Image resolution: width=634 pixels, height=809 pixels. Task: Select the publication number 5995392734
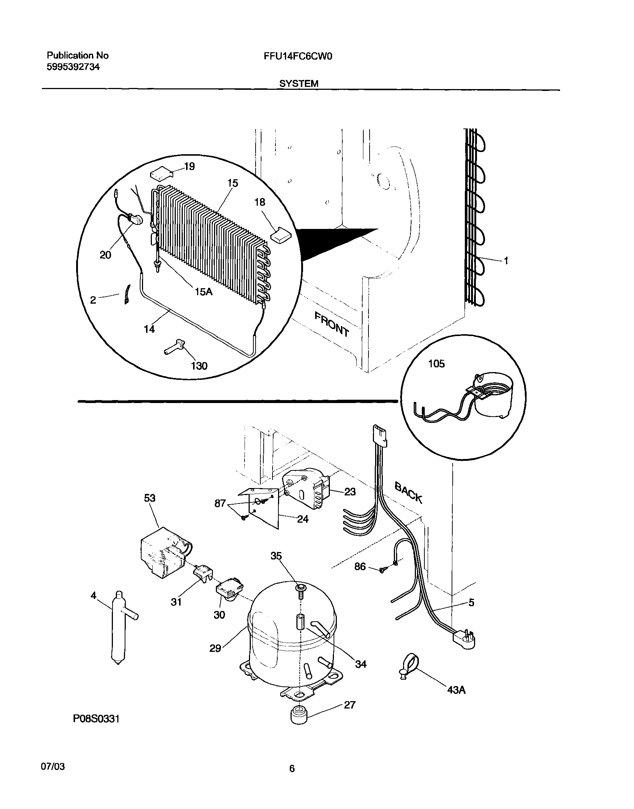[x=73, y=67]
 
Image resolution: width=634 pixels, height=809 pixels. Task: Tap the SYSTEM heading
[x=299, y=84]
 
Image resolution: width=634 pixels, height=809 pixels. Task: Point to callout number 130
[x=199, y=366]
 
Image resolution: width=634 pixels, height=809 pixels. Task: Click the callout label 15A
[x=203, y=292]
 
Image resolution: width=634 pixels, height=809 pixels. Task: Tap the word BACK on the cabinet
[x=408, y=492]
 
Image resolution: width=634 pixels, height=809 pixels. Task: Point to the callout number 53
[x=150, y=498]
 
